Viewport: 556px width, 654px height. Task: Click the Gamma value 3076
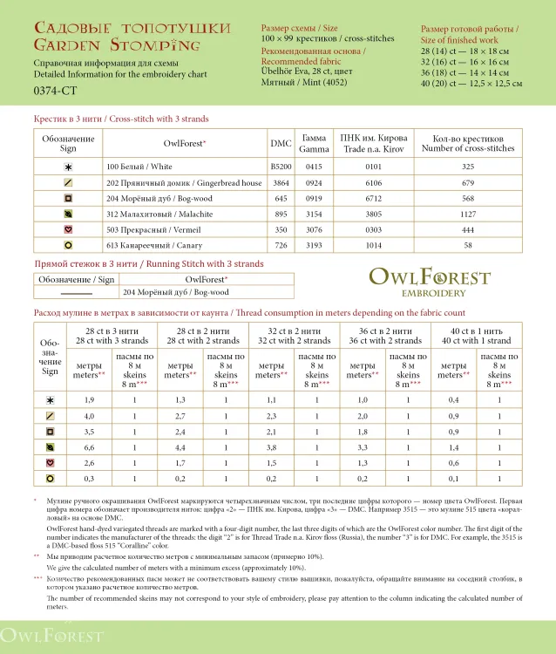[314, 229]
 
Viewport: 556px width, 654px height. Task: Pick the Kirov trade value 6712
[373, 198]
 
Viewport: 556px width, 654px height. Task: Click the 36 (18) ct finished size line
[471, 73]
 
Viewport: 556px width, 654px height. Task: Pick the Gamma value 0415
[314, 166]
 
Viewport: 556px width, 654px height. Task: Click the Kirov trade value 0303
[373, 229]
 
